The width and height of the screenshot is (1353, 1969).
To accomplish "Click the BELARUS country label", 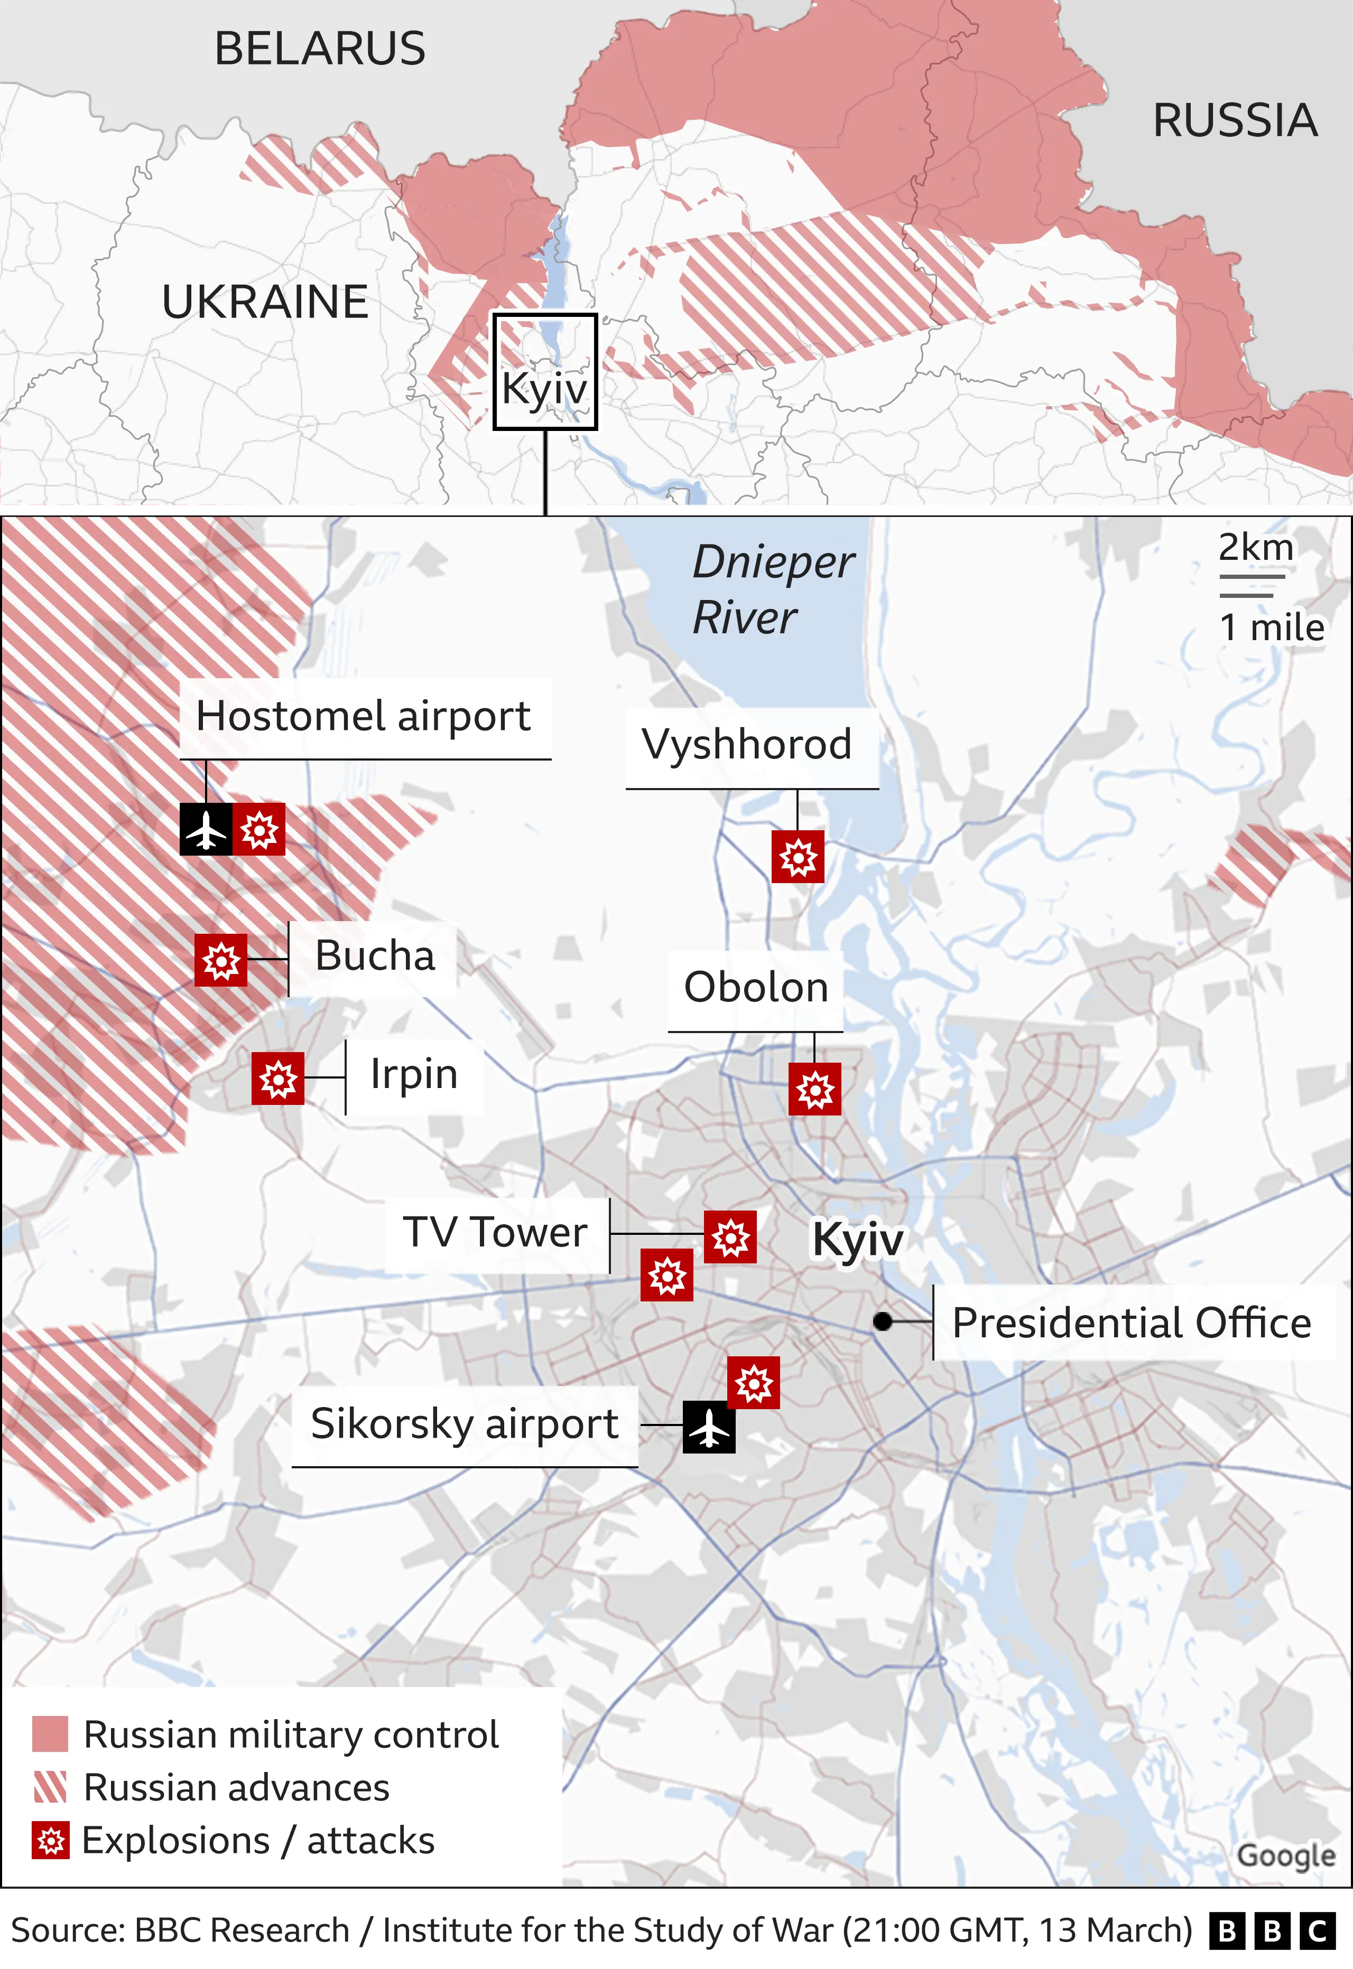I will pos(320,48).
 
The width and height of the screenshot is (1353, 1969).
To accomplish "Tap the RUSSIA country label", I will pos(1234,120).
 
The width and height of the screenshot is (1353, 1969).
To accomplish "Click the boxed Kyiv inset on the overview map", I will pos(545,372).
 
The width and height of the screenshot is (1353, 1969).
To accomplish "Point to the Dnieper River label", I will pos(772,589).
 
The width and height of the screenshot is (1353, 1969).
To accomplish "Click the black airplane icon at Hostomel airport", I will pos(206,829).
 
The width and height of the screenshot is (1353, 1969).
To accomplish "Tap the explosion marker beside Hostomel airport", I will pos(258,829).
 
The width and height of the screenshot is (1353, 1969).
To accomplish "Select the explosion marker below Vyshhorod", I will pos(798,857).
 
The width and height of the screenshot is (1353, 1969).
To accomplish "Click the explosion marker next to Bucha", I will pos(220,960).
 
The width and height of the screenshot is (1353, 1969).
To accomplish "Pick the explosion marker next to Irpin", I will pos(278,1079).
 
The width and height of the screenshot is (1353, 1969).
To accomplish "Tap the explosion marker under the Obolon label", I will pos(814,1089).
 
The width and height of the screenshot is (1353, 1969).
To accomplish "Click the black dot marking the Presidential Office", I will pos(883,1321).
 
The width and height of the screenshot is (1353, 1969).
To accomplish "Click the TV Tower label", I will pos(495,1233).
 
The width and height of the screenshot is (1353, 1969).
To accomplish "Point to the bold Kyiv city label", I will pos(857,1240).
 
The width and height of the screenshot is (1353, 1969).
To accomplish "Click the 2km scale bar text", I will pos(1256,547).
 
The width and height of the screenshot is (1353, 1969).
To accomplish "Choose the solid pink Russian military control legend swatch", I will pos(50,1734).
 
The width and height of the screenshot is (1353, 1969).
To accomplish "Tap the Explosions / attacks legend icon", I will pos(50,1840).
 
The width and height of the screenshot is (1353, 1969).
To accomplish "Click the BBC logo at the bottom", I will pos(1272,1931).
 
